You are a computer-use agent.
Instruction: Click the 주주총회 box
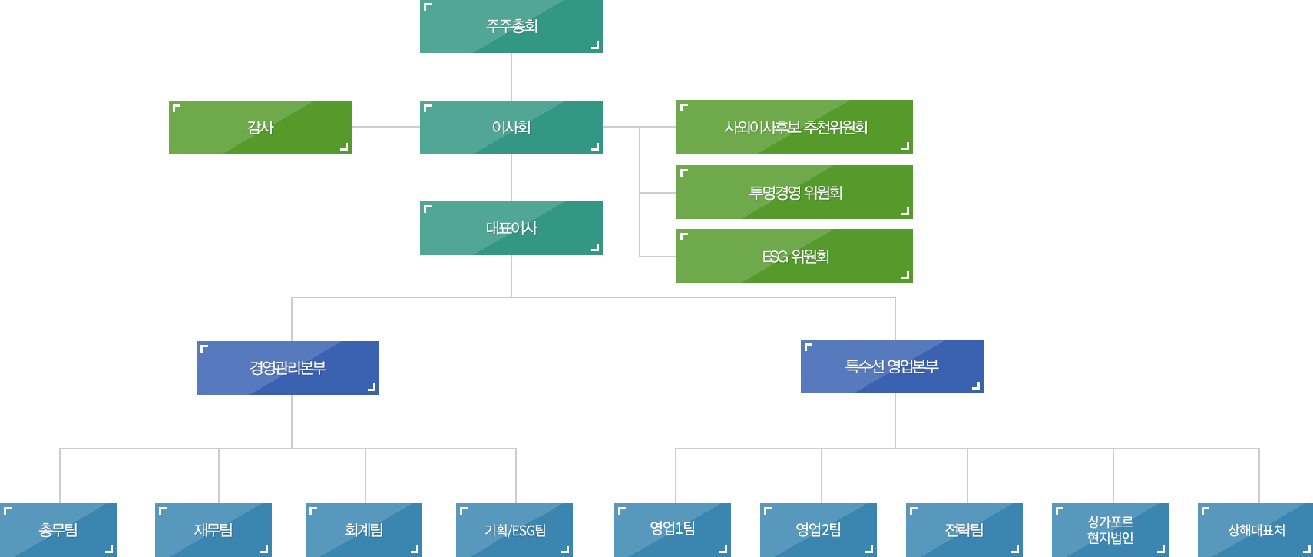511,26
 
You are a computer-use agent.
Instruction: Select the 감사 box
260,128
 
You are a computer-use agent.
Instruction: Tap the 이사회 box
511,128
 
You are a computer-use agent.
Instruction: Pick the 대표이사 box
511,228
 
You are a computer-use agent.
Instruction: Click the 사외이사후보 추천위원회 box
795,127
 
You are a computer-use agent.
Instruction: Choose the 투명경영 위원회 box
795,192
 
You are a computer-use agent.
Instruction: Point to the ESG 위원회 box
795,256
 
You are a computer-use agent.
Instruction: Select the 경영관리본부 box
288,368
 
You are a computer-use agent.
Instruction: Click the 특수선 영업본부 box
892,366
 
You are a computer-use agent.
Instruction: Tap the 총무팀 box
58,530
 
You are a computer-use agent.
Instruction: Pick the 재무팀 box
213,530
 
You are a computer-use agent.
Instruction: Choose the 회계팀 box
364,530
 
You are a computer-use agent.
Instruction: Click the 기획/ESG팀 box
514,530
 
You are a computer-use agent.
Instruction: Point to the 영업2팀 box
819,530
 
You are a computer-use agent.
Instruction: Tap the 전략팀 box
964,530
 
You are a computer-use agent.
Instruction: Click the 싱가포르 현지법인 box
1110,530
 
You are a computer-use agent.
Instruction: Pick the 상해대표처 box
1255,530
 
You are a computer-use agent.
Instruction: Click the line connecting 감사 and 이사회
385,127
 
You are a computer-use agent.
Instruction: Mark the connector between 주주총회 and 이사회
511,77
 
